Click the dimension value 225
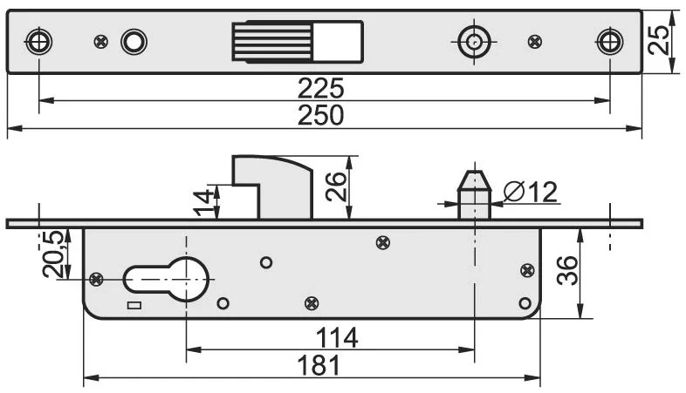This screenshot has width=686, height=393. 321,88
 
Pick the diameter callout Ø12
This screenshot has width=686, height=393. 530,191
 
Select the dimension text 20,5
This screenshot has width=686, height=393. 55,254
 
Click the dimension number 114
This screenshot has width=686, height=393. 338,336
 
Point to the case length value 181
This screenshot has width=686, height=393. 319,365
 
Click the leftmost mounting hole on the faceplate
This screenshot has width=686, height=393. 38,41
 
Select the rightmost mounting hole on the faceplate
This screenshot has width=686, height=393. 609,41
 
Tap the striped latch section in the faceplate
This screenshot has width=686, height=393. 272,41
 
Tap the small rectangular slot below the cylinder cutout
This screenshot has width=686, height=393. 133,305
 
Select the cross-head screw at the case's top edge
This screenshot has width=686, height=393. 381,241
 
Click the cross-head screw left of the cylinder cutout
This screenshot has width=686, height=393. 96,278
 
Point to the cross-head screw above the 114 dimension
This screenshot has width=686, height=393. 312,302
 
